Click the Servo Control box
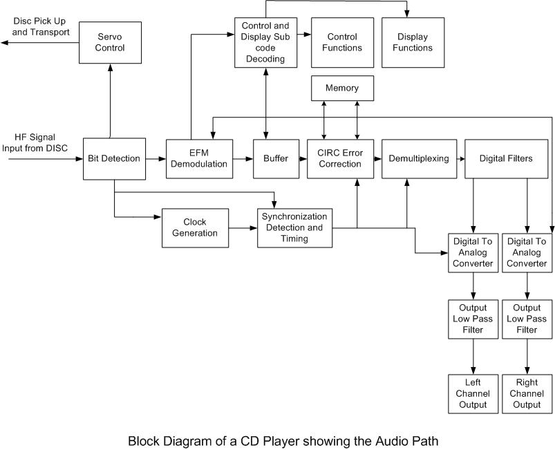(x=110, y=43)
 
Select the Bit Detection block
(x=114, y=158)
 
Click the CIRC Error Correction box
(x=340, y=158)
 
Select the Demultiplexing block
(x=418, y=158)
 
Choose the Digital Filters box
(x=506, y=158)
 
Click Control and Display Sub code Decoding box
(x=265, y=42)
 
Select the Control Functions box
(x=342, y=42)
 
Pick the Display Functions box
(x=413, y=42)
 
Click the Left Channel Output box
(x=473, y=393)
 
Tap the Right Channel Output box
(x=527, y=393)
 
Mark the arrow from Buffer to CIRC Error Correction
(x=303, y=159)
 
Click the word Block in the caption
(x=144, y=440)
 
